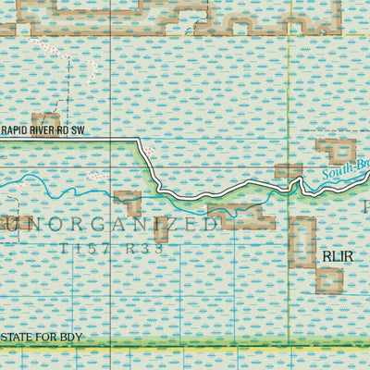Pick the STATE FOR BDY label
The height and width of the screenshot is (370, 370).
43,337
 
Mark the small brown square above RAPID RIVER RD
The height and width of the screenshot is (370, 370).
45,118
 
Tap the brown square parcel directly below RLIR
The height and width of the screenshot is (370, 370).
328,280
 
